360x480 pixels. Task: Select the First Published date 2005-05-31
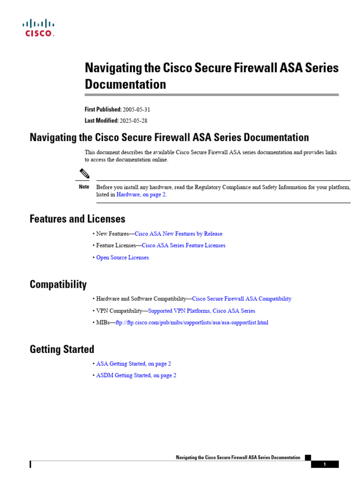tap(136, 109)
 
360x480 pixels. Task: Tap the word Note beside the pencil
tap(84, 187)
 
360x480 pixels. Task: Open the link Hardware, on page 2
tap(141, 195)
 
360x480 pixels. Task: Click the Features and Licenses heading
tap(77, 219)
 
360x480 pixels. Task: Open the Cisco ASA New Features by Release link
tap(178, 233)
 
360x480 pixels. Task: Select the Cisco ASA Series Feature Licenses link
tap(183, 245)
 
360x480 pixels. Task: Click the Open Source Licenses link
tap(122, 257)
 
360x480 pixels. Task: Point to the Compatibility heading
tap(58, 285)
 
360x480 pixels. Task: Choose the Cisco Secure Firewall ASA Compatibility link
tap(242, 299)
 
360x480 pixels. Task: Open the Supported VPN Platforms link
tap(202, 311)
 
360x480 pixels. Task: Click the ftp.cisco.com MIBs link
tap(192, 322)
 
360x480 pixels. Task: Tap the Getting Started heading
tap(62, 349)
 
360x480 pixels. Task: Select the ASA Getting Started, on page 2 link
tap(134, 363)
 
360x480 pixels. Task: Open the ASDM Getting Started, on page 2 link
tap(136, 375)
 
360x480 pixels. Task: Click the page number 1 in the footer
tap(324, 465)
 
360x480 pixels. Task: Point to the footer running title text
tap(238, 457)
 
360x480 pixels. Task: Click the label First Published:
tap(103, 109)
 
